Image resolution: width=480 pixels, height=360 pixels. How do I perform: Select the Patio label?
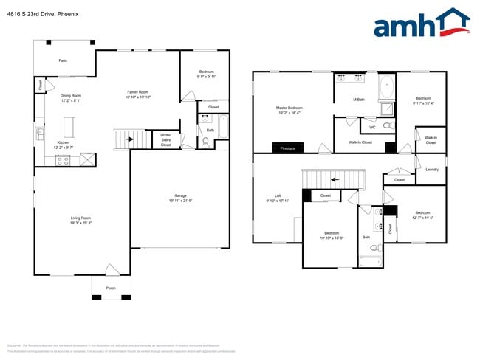[64, 60]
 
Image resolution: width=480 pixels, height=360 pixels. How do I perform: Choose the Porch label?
[111, 288]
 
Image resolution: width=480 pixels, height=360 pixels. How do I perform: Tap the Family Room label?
[138, 93]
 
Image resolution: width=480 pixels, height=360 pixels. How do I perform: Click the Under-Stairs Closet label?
[165, 140]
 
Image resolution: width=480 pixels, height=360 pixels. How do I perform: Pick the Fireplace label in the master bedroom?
[288, 148]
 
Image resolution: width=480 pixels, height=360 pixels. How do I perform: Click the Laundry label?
[433, 169]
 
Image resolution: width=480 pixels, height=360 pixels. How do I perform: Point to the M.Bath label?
[360, 100]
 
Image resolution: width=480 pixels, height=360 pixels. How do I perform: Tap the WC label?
[372, 127]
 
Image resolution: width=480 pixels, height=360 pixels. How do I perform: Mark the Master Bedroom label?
[289, 110]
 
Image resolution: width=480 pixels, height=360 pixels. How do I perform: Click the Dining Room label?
[71, 97]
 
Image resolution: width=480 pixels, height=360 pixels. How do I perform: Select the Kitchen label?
[64, 144]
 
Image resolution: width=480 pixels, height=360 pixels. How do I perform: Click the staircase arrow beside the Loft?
[333, 179]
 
